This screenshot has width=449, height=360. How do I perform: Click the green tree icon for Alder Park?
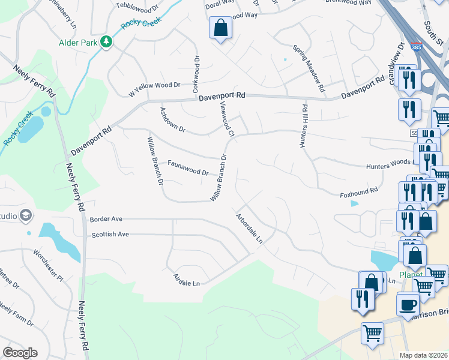pos(106,41)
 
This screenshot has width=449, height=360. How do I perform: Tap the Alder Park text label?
pos(78,43)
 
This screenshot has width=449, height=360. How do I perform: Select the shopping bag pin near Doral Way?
pos(220,28)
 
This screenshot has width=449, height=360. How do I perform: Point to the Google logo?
pos(20,352)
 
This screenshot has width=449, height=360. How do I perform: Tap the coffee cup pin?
pos(408,304)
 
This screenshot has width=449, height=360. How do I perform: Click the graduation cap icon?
pos(25,214)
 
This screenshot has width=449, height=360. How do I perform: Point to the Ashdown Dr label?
pos(172,120)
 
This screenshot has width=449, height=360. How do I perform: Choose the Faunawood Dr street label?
pos(187,167)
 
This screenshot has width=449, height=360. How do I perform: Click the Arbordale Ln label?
pos(249,227)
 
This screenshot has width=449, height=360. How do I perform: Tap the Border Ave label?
pos(106,219)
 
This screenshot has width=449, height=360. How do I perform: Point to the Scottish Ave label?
pos(110,234)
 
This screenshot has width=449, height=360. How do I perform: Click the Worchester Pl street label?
pos(47,265)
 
